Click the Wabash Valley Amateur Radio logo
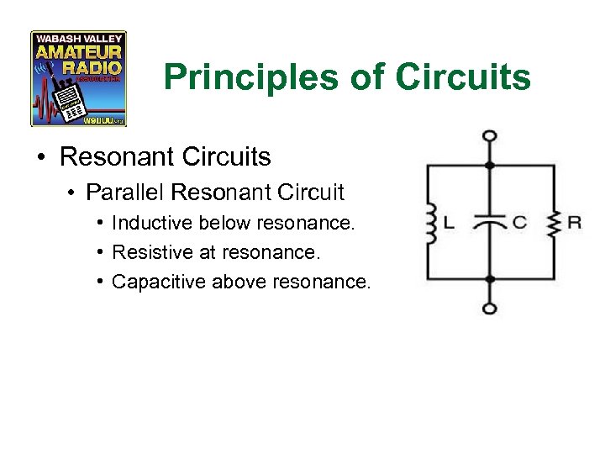click(x=78, y=78)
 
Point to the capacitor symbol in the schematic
click(x=490, y=222)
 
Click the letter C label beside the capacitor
click(x=519, y=223)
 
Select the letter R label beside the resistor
click(x=575, y=223)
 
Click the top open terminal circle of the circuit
click(x=490, y=135)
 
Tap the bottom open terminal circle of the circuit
click(x=490, y=309)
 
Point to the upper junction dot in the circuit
click(x=490, y=165)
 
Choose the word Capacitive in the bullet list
click(x=159, y=281)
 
